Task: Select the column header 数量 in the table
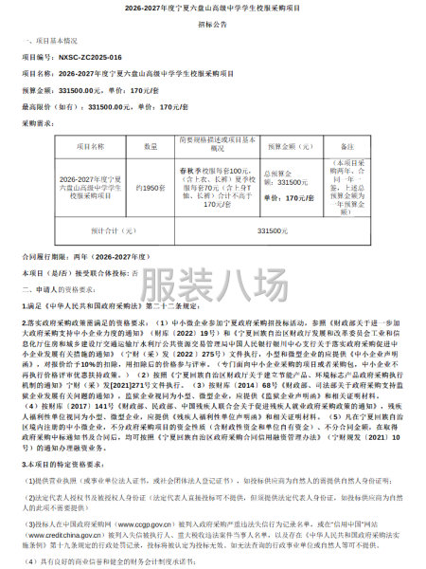(151, 147)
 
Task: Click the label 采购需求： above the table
(39, 122)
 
